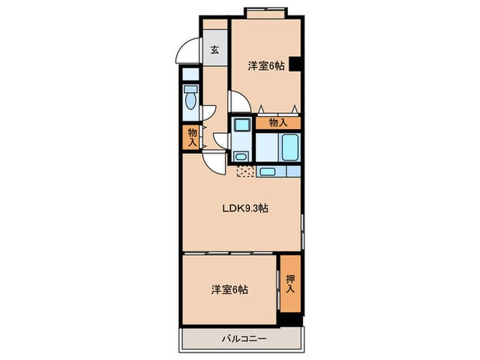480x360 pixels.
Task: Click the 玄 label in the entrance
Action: [215, 49]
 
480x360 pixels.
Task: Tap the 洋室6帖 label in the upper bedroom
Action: [265, 66]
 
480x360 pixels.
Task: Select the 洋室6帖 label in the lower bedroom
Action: [229, 289]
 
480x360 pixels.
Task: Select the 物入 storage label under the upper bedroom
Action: [278, 122]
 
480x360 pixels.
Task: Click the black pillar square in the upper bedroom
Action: [296, 64]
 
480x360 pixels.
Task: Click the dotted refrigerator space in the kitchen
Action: [245, 171]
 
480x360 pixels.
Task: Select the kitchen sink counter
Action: [278, 172]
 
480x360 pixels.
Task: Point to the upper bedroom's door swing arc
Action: [238, 104]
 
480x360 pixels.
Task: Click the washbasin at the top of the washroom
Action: [241, 125]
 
